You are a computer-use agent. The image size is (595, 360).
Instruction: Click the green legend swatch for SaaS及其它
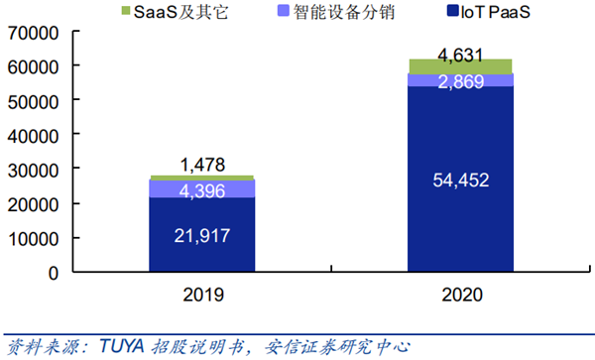click(125, 11)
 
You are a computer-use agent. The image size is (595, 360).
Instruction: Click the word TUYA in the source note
click(123, 346)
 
